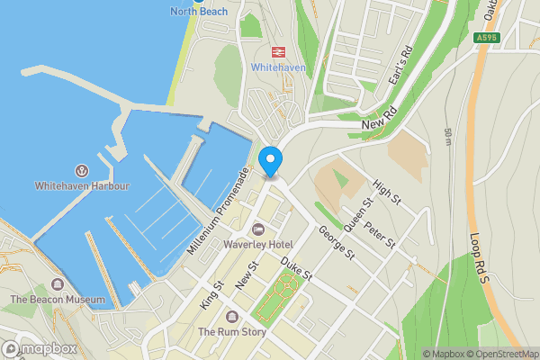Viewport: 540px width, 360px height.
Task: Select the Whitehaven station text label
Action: point(279,68)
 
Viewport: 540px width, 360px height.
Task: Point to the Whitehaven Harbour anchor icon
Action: point(82,170)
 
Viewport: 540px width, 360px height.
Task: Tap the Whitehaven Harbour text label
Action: point(82,186)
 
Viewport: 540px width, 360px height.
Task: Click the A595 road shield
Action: point(486,38)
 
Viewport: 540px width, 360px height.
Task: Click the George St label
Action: point(337,244)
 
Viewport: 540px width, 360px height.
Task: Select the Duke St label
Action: point(295,268)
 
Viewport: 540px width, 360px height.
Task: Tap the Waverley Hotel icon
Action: point(258,229)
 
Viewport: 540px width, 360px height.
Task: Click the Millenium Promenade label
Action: point(219,210)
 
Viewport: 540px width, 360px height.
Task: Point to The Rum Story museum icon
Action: point(232,317)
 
